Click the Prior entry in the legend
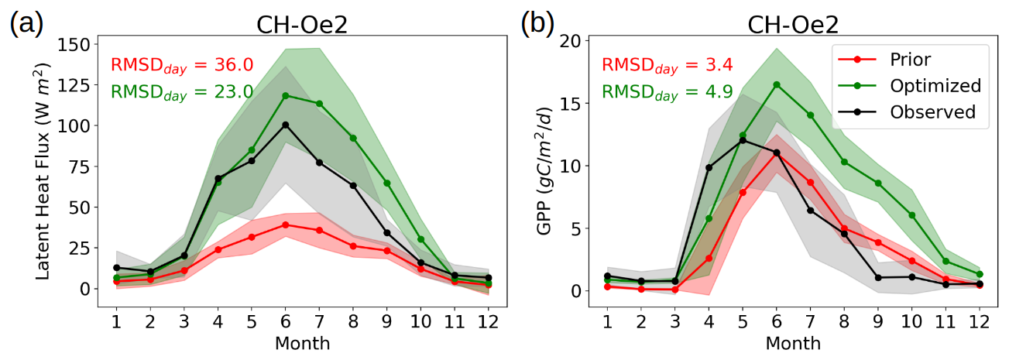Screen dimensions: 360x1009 [x=910, y=60]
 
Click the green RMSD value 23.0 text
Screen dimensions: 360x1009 [x=182, y=91]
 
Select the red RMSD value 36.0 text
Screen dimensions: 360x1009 [x=182, y=64]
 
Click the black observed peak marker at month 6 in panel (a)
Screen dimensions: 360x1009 [x=286, y=125]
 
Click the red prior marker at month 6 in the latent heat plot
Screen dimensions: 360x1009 [x=286, y=225]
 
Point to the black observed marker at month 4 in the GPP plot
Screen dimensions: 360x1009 [x=709, y=167]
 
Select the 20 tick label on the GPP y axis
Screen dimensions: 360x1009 [x=572, y=41]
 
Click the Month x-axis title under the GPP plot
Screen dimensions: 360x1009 [x=794, y=342]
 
